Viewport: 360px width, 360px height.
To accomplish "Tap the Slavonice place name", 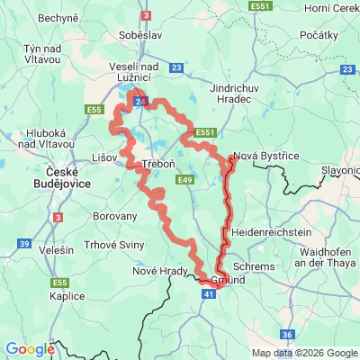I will pos(338,169).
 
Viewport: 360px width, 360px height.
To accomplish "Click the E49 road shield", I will pos(186,181).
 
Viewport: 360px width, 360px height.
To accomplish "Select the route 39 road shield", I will pos(23,244).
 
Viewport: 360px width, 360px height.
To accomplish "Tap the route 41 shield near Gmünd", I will pos(209,293).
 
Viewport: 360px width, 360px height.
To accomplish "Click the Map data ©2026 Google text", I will pos(304,353).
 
